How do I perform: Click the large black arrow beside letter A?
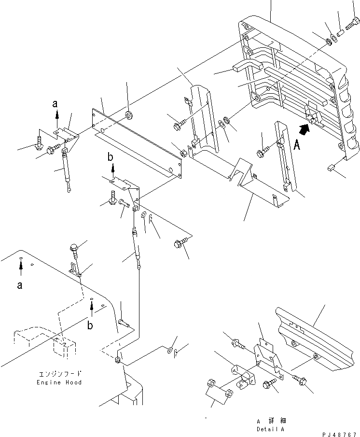click(x=305, y=129)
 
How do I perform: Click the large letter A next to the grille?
click(x=298, y=145)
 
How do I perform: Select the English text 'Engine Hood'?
click(x=59, y=382)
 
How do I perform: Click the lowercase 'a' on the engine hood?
click(x=20, y=285)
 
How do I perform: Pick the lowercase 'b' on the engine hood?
click(x=91, y=325)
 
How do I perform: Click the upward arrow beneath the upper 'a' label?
click(x=57, y=114)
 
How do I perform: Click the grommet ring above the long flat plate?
click(x=129, y=115)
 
